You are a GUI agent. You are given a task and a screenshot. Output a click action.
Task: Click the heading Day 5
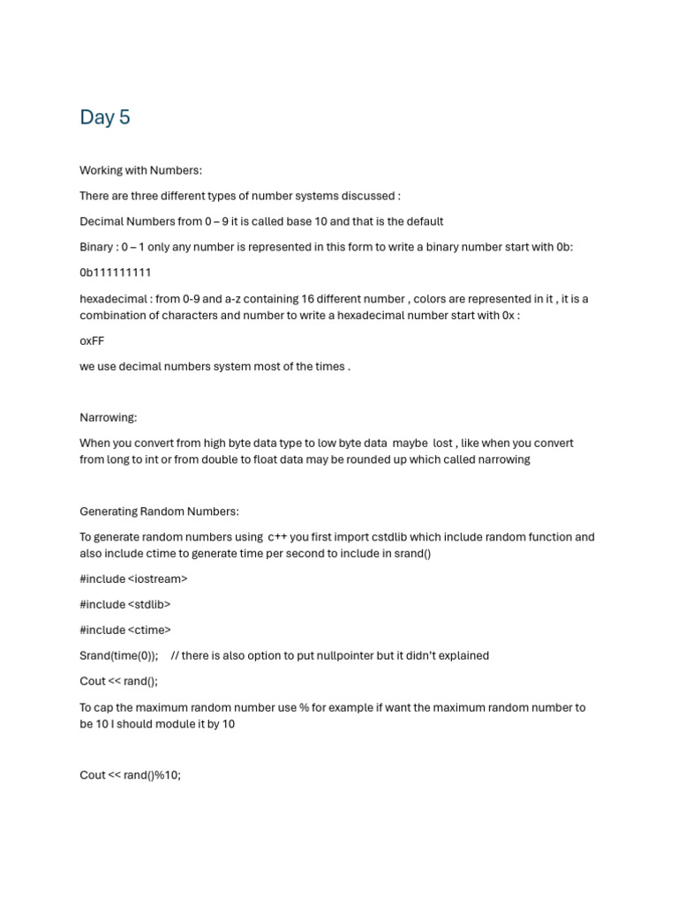(105, 117)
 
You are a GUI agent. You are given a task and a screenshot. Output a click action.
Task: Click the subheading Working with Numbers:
(141, 170)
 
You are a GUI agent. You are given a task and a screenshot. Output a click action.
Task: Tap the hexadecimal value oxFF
(92, 340)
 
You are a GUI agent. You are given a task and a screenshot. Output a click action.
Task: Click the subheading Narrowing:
(109, 417)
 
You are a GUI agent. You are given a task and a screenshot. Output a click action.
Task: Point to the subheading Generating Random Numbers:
(159, 511)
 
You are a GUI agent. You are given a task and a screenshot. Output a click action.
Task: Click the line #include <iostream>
(133, 578)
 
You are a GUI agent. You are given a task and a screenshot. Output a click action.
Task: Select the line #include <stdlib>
(124, 604)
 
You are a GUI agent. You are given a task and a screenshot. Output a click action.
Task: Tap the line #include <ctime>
(125, 630)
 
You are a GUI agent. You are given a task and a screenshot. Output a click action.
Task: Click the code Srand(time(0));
(119, 655)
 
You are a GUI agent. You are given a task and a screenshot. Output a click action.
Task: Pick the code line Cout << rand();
(118, 681)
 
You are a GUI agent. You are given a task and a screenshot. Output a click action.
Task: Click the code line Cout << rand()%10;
(130, 775)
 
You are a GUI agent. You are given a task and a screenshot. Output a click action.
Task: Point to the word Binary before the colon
(95, 247)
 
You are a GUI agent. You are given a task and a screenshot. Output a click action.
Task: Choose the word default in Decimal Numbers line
(423, 221)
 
